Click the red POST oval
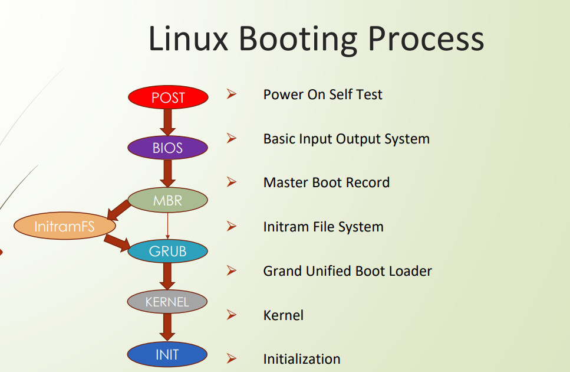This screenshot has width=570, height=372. [168, 97]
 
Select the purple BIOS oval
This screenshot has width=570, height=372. [167, 148]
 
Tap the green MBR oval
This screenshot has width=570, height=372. [167, 200]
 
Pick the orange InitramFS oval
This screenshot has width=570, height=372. [65, 226]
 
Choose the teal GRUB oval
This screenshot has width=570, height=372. [167, 251]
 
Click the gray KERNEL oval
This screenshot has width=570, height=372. [167, 302]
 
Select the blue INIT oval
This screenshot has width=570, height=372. [167, 354]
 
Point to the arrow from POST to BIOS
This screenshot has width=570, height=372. [167, 122]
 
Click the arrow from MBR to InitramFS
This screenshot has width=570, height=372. [119, 210]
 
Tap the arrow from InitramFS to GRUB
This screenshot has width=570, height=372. [117, 243]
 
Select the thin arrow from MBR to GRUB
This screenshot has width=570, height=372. [167, 226]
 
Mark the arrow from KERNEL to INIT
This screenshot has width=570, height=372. [167, 328]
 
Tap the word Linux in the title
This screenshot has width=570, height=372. [188, 38]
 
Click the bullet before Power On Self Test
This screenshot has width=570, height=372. [232, 94]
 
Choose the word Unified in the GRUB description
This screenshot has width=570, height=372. [329, 271]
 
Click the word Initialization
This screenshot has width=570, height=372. [302, 359]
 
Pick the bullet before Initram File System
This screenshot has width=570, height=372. [232, 226]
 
